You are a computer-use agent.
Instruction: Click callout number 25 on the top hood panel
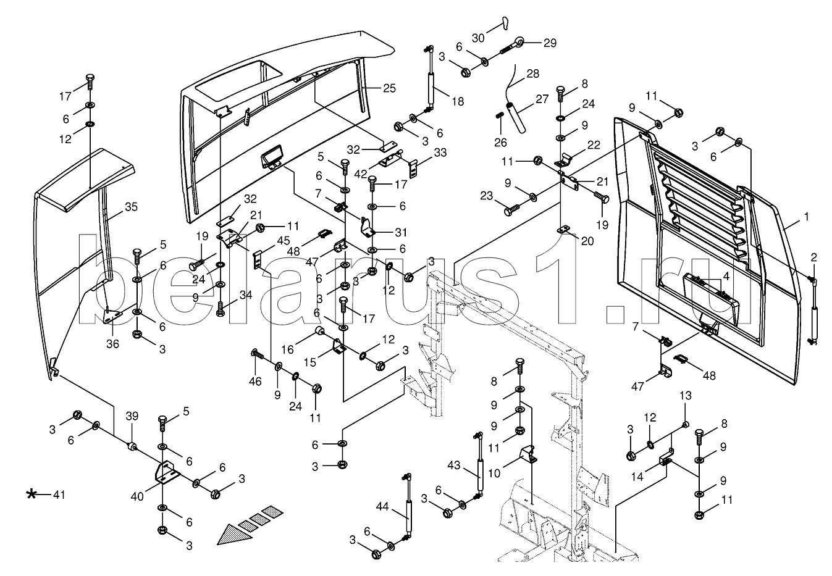(388, 88)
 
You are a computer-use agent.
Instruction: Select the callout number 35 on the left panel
(131, 207)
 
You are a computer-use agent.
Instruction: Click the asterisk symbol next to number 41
(32, 494)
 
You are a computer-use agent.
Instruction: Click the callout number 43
(454, 465)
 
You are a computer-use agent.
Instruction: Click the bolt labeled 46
(257, 355)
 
